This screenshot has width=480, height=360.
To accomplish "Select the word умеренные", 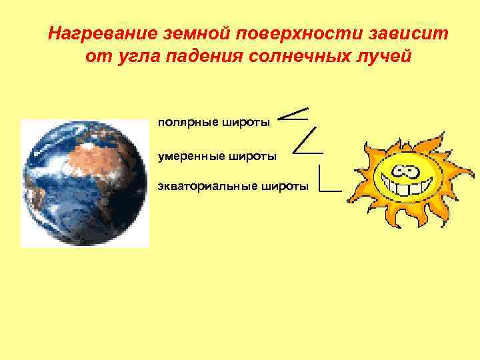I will [x=191, y=157].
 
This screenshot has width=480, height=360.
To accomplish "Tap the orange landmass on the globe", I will [x=107, y=160].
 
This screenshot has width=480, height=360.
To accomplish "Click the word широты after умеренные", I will [x=253, y=157].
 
